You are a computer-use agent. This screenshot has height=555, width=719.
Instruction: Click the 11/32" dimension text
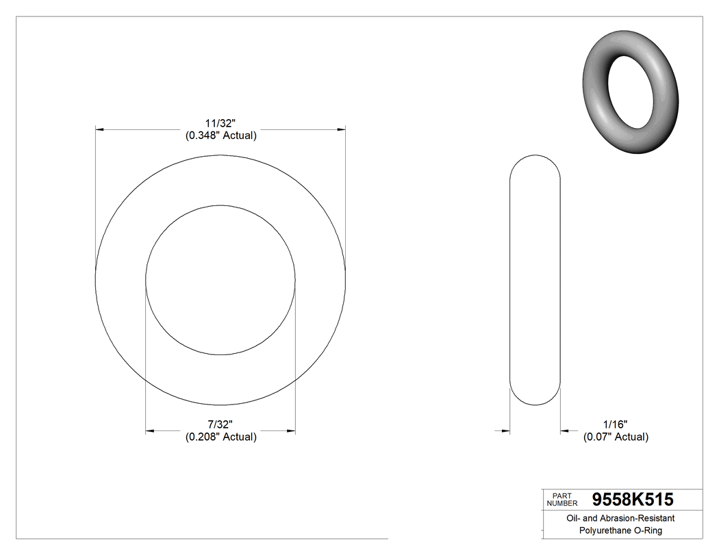click(220, 123)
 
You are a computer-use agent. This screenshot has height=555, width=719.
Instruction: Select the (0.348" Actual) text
click(220, 135)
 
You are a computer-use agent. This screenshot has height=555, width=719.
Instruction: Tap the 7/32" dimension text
click(220, 424)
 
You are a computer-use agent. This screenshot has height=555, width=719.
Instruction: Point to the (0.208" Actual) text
click(220, 437)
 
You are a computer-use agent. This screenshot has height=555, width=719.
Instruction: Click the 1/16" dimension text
click(615, 424)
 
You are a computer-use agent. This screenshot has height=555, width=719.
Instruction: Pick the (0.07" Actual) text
click(615, 437)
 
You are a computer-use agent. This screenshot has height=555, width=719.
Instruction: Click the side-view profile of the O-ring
click(535, 281)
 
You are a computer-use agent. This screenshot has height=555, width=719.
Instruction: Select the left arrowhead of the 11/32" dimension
click(100, 129)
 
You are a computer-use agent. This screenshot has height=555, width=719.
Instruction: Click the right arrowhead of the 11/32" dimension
click(340, 129)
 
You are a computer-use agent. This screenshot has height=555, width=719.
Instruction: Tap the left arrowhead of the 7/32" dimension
click(150, 431)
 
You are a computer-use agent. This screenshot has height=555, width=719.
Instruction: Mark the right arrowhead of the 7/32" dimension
click(291, 431)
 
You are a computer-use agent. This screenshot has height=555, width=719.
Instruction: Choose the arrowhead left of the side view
click(506, 430)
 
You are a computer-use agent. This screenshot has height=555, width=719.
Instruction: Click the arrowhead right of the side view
click(565, 430)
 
